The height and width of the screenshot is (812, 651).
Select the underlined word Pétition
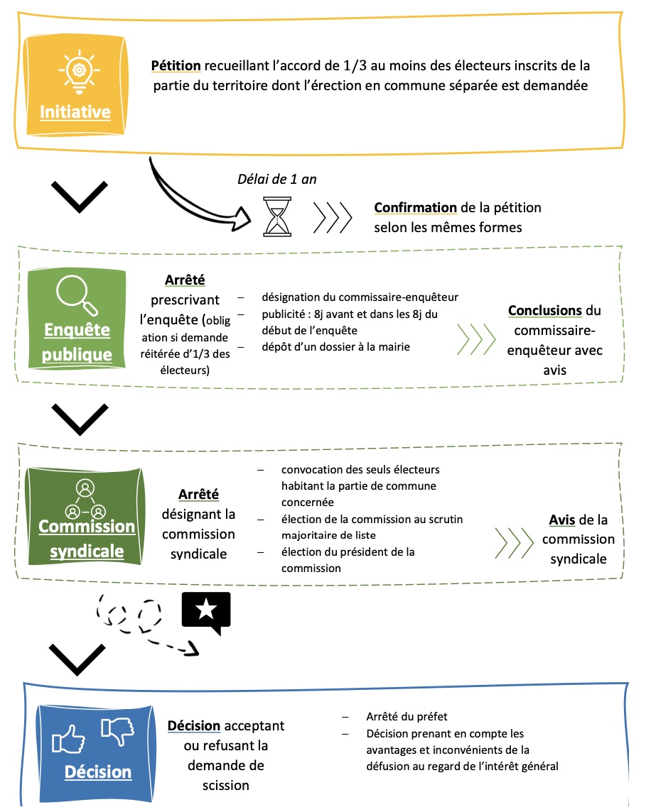pos(176,66)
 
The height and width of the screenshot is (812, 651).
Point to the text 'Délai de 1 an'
pos(276,179)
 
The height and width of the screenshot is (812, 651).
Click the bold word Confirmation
pos(415,208)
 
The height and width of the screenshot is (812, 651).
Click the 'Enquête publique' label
pos(77,341)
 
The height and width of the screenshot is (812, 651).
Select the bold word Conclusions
pos(545,311)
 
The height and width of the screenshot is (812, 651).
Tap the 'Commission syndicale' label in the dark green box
pos(86,538)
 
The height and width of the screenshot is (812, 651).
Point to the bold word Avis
pos(562,520)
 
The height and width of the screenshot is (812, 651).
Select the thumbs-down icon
pos(117,730)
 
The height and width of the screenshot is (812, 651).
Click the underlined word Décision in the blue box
pos(98,772)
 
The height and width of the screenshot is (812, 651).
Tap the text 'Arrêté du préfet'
pos(407,717)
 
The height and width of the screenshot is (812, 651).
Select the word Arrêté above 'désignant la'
pos(198,494)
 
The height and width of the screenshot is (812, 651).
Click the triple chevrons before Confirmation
pos(333,217)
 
